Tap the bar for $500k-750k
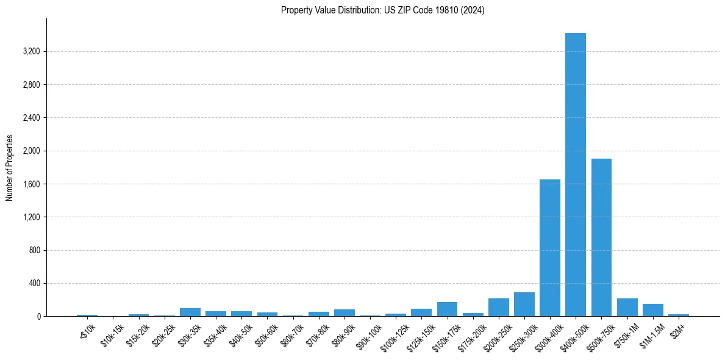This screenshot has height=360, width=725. point(601,237)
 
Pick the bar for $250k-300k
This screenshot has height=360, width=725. point(524,304)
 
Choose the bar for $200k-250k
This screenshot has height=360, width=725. point(498,308)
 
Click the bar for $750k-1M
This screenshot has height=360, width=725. point(627,308)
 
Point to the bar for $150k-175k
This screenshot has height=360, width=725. point(447,309)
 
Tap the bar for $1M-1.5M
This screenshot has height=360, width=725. point(652,310)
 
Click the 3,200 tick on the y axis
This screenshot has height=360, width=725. point(31,51)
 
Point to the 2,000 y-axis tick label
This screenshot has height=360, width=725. point(31,151)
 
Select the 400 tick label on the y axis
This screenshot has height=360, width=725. point(34,283)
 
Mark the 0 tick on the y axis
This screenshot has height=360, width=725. point(38,317)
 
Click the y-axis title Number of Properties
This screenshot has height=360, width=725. point(10,168)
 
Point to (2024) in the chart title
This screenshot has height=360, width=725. point(474,10)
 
